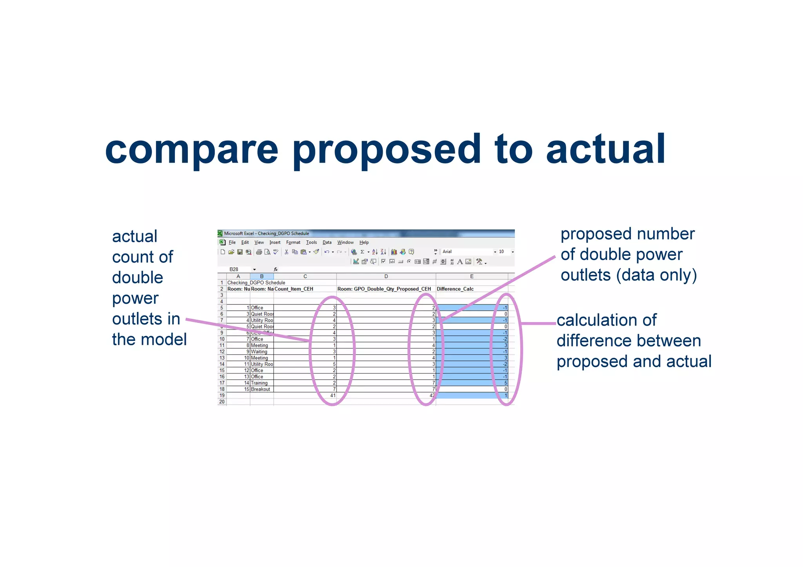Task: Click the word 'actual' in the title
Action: click(x=606, y=149)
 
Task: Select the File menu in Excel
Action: click(x=232, y=243)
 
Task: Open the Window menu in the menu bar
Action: click(x=345, y=243)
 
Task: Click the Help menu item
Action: click(x=364, y=243)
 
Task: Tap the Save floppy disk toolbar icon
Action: click(x=240, y=252)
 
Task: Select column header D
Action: click(x=386, y=277)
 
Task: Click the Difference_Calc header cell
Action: click(x=455, y=289)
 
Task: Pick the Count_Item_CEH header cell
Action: click(x=294, y=289)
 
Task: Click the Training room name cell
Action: click(x=259, y=383)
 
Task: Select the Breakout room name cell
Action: click(x=260, y=389)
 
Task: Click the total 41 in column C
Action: click(x=332, y=396)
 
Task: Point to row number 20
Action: click(x=222, y=402)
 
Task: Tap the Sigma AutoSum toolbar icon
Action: click(x=362, y=252)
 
